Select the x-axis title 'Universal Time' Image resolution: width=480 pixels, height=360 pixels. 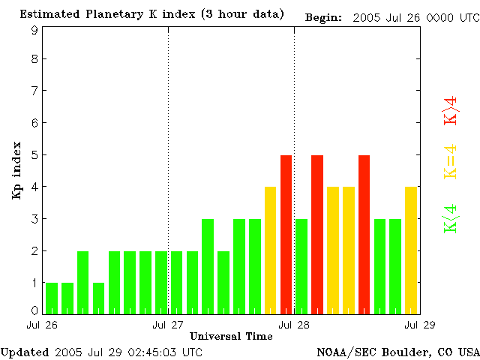coord(230,335)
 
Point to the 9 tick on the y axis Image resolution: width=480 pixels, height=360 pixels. coord(34,31)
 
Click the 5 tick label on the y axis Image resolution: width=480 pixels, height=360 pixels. coord(34,155)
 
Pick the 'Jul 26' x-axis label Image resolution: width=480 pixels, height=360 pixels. coord(42,325)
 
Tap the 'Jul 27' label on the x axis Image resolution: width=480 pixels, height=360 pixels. coord(168,325)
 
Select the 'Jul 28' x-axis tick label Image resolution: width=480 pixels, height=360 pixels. coord(294,325)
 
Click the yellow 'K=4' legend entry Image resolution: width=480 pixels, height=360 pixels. coord(451,162)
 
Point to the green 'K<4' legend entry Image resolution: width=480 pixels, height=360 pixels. coord(451,219)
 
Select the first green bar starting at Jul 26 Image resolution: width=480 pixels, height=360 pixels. coord(52,298)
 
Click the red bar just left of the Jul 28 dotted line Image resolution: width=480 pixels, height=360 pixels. coord(286,234)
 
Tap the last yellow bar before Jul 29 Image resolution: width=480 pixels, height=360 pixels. coord(411,250)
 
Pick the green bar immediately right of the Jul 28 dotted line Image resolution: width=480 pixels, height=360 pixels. coord(301,266)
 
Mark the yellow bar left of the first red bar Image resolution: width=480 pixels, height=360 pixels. coord(270,250)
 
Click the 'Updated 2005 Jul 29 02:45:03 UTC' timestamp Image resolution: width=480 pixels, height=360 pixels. coord(101,351)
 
